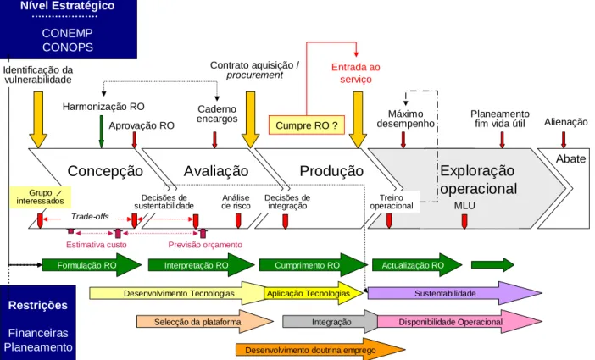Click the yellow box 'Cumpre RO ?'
(x=307, y=125)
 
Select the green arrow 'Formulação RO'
(x=92, y=265)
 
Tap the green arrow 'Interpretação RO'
(x=201, y=265)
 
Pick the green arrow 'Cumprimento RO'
(x=313, y=265)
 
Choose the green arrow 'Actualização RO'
(x=417, y=265)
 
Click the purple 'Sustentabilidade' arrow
(x=454, y=293)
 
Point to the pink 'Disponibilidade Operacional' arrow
(x=459, y=322)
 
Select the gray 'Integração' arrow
(x=331, y=322)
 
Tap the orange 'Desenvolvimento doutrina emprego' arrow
(x=320, y=350)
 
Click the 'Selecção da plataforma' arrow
(x=205, y=322)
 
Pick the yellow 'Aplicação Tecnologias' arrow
(x=314, y=293)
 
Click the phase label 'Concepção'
(x=105, y=171)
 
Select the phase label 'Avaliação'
(x=216, y=171)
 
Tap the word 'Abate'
(x=570, y=158)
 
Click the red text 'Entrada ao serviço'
(x=355, y=73)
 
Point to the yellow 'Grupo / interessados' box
(x=40, y=197)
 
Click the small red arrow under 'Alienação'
(x=564, y=140)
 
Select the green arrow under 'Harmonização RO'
(x=102, y=131)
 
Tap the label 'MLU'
(x=464, y=206)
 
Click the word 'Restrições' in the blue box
(x=38, y=306)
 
